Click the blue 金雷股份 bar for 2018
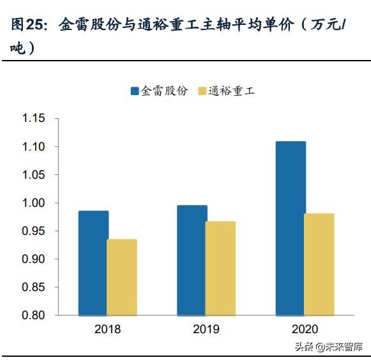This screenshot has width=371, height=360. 93,263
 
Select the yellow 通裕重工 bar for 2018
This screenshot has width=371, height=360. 121,277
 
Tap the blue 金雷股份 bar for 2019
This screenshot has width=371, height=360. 192,260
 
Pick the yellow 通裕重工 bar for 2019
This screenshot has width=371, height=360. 220,268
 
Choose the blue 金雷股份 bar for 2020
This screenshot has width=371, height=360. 291,229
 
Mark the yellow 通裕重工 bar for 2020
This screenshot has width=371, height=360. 319,264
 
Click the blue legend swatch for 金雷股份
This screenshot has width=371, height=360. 135,91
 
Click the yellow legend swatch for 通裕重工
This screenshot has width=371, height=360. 202,91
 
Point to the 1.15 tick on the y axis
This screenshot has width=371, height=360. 33,119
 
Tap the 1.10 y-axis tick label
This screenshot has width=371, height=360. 33,147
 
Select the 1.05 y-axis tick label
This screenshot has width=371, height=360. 33,175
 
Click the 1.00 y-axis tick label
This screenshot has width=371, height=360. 33,203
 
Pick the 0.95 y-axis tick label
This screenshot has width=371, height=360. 33,231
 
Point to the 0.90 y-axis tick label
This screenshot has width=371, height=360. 33,259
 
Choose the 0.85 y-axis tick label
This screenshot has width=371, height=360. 33,287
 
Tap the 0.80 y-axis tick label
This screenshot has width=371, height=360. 33,315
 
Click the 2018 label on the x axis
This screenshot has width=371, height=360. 107,330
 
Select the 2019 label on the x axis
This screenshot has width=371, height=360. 206,330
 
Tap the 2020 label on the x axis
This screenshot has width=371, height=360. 305,330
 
